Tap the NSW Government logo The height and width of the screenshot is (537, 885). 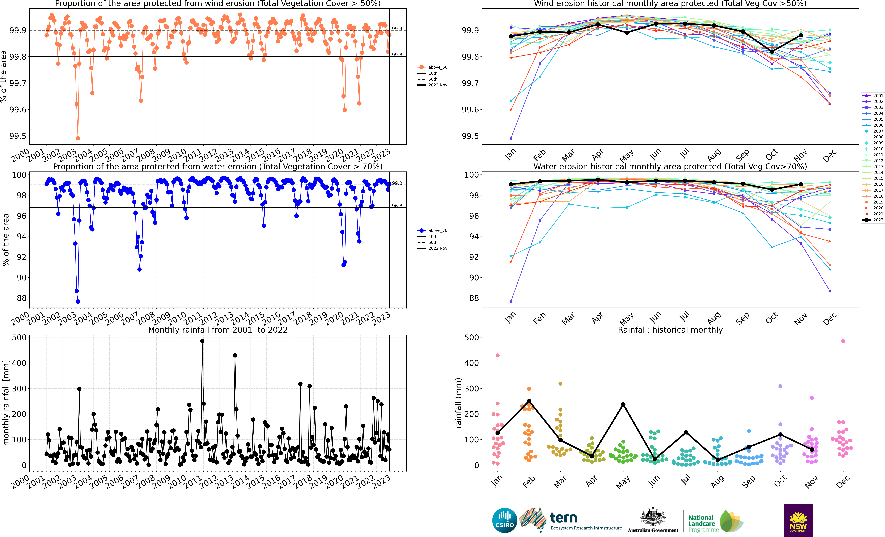tap(798, 520)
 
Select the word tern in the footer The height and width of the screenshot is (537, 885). tap(564, 518)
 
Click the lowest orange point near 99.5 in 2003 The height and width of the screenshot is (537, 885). tap(78, 138)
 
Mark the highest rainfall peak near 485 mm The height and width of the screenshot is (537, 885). tap(202, 341)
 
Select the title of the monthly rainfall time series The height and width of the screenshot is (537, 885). tap(218, 330)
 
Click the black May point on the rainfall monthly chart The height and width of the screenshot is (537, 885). tap(623, 404)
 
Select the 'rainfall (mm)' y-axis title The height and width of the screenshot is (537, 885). tap(458, 403)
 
